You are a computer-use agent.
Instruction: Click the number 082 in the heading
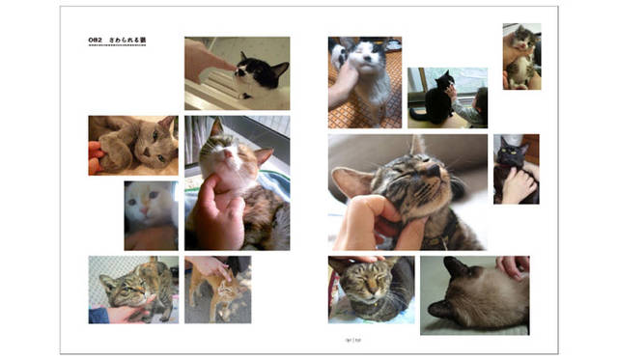click(95, 41)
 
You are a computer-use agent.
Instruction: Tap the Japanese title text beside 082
click(127, 41)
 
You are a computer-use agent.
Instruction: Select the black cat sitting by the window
click(439, 100)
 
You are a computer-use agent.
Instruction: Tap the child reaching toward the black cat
click(477, 106)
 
